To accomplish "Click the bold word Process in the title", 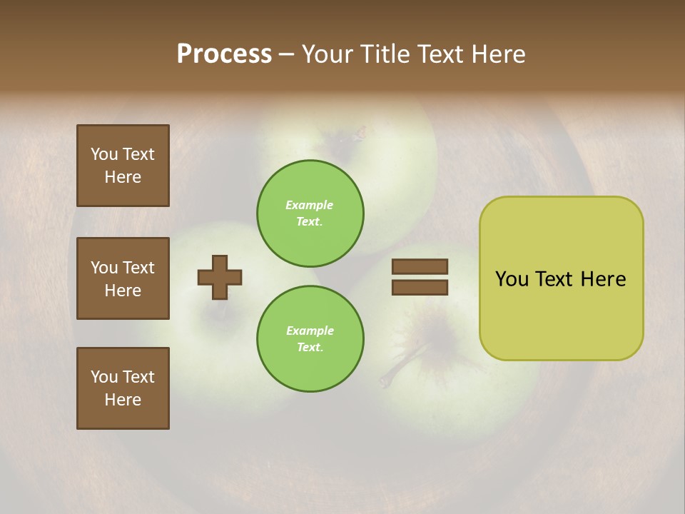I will click(224, 54).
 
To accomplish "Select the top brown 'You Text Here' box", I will click(123, 166).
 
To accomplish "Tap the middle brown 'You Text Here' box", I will click(123, 278).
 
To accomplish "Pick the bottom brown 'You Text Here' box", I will click(123, 388).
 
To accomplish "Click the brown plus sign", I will click(220, 277).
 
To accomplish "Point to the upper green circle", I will click(310, 213).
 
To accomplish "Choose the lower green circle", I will click(310, 338).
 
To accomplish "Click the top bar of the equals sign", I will click(420, 266).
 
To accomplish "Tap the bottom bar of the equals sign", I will click(420, 287).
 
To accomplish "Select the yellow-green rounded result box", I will click(561, 278).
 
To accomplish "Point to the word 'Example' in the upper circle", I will click(309, 205).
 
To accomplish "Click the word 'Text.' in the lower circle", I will click(310, 348).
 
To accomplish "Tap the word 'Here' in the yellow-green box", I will click(603, 279).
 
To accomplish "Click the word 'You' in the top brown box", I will click(104, 154).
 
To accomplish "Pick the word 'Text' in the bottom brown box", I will click(138, 377).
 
